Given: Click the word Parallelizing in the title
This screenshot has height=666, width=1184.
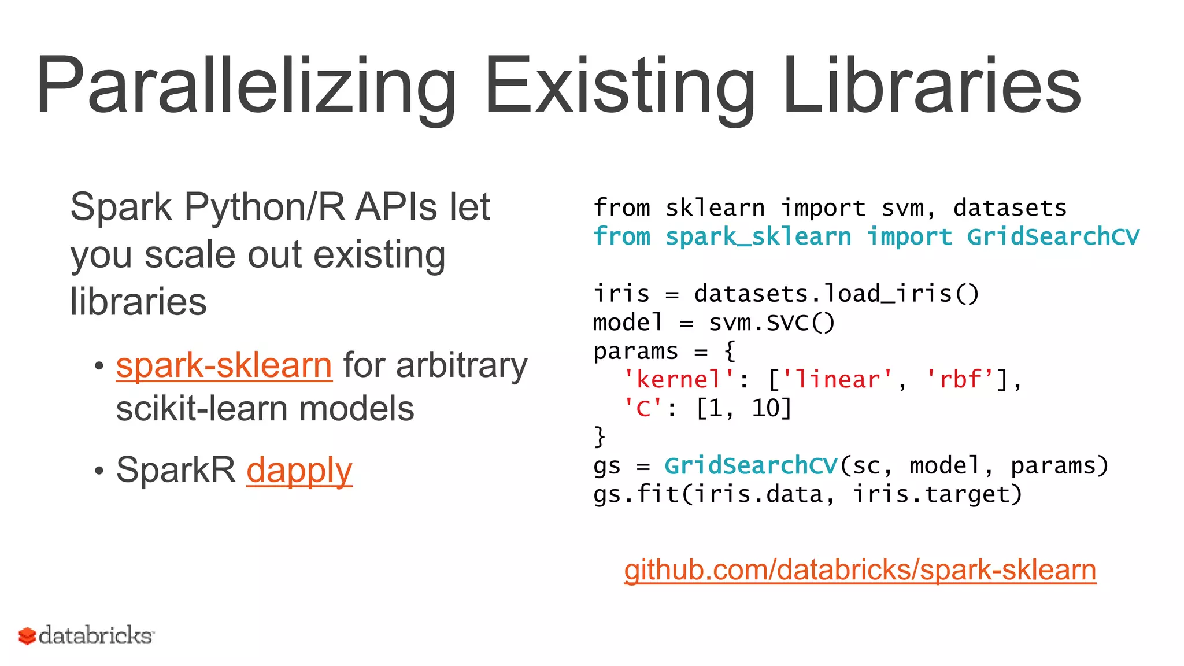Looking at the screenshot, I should coord(246,86).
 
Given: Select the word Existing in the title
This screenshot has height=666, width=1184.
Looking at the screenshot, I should coord(619,86).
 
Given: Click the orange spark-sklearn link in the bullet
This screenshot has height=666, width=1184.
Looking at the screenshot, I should coord(224,365).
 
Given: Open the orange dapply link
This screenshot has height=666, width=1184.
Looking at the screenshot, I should coord(299,470).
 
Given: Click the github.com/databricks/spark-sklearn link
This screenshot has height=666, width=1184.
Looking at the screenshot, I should coord(860,570).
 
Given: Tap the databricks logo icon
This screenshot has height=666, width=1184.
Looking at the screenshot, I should coord(27,636).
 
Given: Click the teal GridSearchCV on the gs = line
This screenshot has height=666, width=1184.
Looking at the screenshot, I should coord(751,466).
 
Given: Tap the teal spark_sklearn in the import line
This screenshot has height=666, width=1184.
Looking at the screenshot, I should coord(758,237).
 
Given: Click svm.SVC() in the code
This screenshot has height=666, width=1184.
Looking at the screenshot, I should coord(772,323).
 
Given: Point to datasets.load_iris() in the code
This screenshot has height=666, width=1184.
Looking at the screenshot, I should coord(837,294).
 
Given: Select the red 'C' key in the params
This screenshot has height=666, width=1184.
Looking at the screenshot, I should coord(642,409).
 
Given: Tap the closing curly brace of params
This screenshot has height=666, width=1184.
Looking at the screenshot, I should coord(600,437).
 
